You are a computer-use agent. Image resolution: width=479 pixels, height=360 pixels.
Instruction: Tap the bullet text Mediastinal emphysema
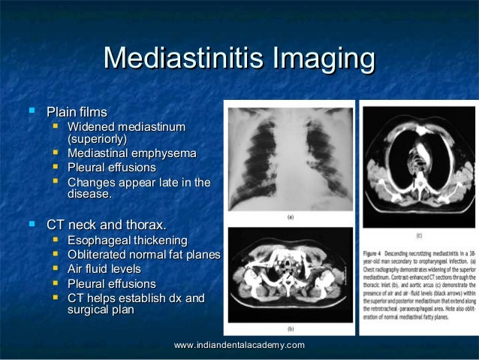[x=131, y=154]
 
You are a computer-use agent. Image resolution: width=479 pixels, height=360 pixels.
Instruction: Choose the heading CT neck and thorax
[x=106, y=225]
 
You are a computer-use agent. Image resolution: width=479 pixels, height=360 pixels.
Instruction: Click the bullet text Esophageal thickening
[x=128, y=241]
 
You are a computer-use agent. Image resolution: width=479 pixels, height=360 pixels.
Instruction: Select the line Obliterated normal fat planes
[x=143, y=255]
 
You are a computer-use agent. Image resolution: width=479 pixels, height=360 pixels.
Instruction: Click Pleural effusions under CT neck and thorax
[x=111, y=284]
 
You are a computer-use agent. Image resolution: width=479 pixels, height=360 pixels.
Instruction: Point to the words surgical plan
[x=101, y=310]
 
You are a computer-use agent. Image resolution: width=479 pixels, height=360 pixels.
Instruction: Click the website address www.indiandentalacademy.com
[x=239, y=344]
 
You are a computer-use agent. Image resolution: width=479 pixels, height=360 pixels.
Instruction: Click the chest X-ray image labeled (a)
[x=290, y=158]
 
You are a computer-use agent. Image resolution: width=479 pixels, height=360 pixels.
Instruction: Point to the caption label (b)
[x=290, y=328]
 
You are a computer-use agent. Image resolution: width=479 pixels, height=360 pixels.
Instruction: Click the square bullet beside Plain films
[x=32, y=112]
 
